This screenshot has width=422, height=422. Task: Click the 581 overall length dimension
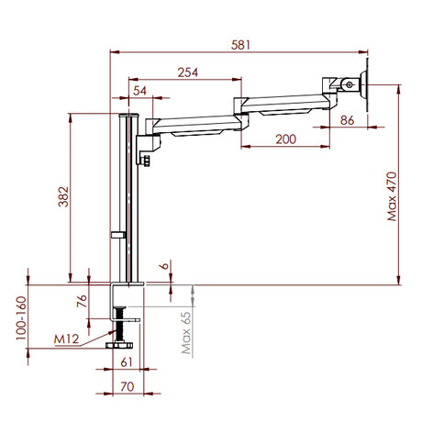pyautogui.click(x=240, y=43)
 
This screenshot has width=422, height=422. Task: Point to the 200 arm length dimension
pyautogui.click(x=284, y=139)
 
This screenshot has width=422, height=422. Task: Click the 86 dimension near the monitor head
pyautogui.click(x=347, y=120)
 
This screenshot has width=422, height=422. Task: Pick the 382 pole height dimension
pyautogui.click(x=62, y=198)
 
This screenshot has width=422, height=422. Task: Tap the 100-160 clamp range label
pyautogui.click(x=20, y=317)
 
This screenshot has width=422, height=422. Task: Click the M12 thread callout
pyautogui.click(x=66, y=339)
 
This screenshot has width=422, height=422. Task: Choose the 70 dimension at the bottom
pyautogui.click(x=127, y=385)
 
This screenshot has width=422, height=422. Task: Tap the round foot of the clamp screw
pyautogui.click(x=118, y=346)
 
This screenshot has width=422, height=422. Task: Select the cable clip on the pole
pyautogui.click(x=117, y=237)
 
